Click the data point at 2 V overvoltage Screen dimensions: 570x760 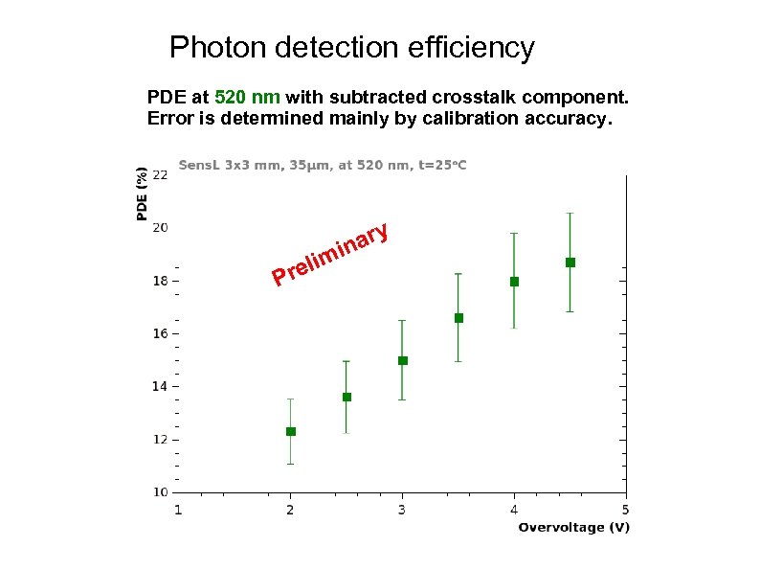coord(291,431)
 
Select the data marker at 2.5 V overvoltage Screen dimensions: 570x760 coord(346,397)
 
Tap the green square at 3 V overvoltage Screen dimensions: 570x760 coord(403,360)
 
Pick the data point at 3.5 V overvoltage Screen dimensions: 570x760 coord(458,317)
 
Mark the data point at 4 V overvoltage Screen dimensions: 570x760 coord(514,282)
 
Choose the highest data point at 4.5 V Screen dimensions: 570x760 coord(570,262)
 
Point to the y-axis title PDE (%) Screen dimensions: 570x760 coord(142,194)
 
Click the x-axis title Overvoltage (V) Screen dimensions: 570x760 coord(573,528)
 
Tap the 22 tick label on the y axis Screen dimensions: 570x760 coord(160,174)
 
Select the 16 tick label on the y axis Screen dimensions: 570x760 coord(160,333)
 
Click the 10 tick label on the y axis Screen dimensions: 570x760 coord(160,492)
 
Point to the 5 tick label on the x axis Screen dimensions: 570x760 coord(626,509)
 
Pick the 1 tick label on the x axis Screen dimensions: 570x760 coord(178,509)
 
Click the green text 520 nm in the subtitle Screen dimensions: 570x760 coord(247,98)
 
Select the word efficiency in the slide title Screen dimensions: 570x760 coord(462,47)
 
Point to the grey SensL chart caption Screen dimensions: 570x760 coord(323,166)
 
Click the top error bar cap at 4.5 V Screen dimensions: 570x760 coord(570,213)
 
